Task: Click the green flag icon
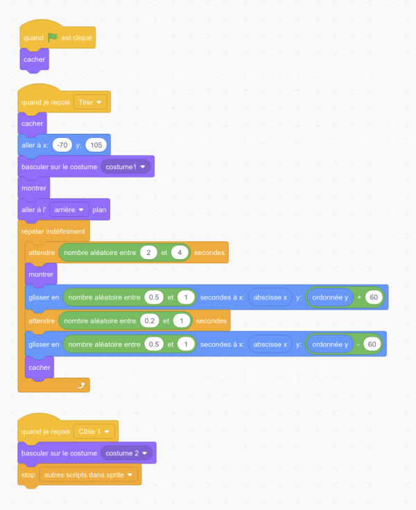point(53,37)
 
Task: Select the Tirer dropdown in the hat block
point(90,102)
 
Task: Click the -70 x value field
point(62,145)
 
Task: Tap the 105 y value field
point(96,145)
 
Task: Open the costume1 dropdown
point(125,167)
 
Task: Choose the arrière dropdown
point(69,210)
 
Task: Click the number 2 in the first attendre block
point(148,253)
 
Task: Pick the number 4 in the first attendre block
point(180,253)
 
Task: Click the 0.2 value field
point(149,321)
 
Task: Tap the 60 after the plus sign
point(374,297)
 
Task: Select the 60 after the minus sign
point(372,344)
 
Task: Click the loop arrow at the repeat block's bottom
point(81,385)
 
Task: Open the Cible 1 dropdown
point(94,432)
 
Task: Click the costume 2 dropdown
point(126,453)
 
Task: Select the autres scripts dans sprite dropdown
point(88,475)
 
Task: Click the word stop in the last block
point(28,475)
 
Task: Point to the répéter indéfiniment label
point(53,231)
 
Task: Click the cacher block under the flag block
point(34,60)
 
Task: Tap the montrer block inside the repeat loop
point(41,275)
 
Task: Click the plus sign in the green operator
point(359,297)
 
